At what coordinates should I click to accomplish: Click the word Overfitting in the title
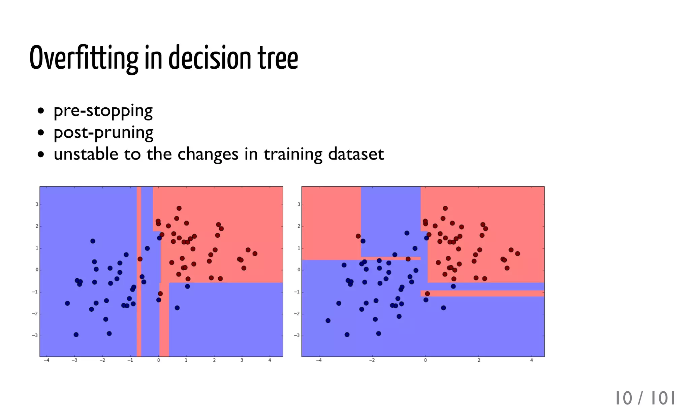click(84, 58)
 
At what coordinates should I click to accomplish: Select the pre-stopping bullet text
click(103, 110)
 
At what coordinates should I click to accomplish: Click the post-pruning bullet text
click(103, 132)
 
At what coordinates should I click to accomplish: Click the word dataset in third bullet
click(356, 154)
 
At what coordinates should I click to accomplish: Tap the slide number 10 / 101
click(645, 398)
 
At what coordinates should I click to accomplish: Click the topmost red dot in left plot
click(179, 208)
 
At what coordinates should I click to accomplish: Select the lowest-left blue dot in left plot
click(76, 335)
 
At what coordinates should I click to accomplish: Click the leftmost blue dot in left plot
click(67, 303)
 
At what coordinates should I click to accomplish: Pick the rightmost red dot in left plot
click(255, 253)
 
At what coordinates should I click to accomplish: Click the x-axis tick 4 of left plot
click(270, 360)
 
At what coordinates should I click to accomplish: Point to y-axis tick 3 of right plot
click(299, 205)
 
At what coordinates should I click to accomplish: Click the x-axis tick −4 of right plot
click(318, 360)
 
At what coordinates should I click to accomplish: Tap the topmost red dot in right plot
click(445, 208)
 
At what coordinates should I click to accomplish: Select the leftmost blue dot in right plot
click(328, 320)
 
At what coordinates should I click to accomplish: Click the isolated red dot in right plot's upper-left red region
click(358, 236)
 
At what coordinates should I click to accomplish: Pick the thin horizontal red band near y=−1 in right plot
click(482, 293)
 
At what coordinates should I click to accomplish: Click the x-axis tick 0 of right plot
click(425, 360)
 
